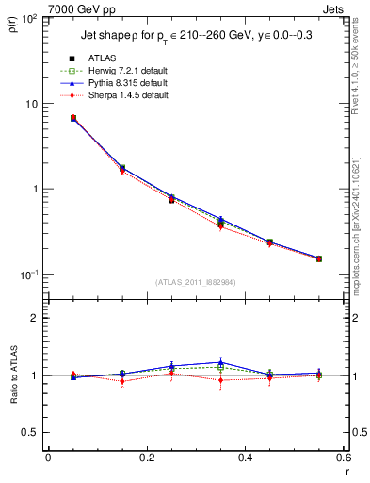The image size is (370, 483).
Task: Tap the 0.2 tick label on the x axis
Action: click(146, 458)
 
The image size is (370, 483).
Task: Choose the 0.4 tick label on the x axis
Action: click(245, 458)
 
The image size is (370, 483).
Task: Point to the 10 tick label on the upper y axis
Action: click(33, 104)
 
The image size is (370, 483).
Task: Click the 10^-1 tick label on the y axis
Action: click(31, 275)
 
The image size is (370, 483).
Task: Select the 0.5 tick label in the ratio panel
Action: click(33, 432)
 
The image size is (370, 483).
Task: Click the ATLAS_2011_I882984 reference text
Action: click(196, 282)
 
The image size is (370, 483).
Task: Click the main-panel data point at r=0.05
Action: click(72, 118)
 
